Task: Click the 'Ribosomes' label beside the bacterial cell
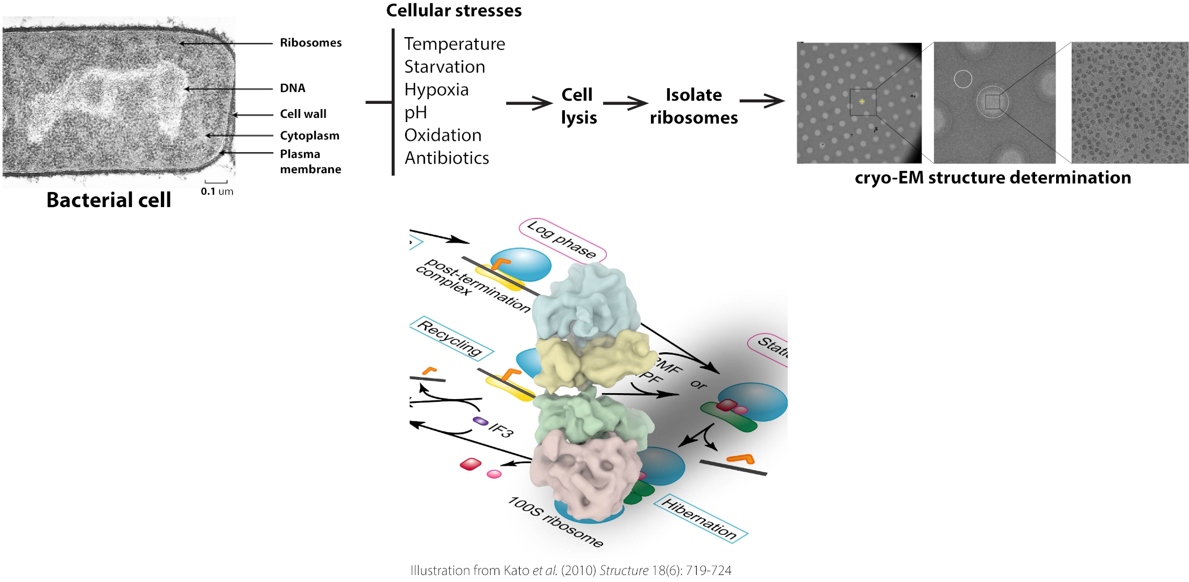click(x=310, y=42)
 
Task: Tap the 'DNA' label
click(x=292, y=88)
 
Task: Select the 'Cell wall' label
click(x=303, y=113)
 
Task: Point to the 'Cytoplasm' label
click(x=309, y=136)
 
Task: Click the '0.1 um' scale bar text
click(x=217, y=191)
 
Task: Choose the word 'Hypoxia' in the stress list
click(x=436, y=89)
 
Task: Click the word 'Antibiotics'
click(x=447, y=158)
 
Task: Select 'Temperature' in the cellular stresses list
click(x=455, y=44)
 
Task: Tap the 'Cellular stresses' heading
click(x=454, y=10)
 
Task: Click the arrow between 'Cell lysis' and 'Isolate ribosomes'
click(x=625, y=103)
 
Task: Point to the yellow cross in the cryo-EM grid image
click(x=862, y=101)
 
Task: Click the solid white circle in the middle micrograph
click(x=963, y=79)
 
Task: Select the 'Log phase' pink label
click(x=562, y=240)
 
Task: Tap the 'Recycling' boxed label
click(x=451, y=338)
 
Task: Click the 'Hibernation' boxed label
click(x=700, y=519)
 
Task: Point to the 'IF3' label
click(x=501, y=429)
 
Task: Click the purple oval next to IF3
click(x=480, y=421)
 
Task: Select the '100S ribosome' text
click(x=556, y=522)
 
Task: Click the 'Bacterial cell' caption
click(x=109, y=200)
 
